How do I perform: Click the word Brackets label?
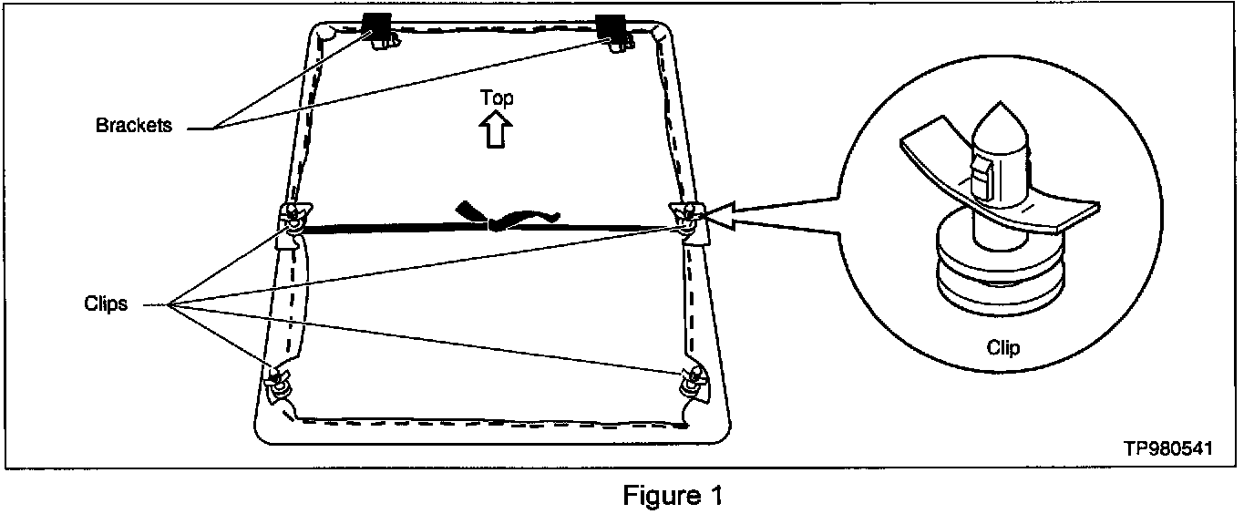coord(133,127)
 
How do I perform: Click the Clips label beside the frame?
coord(107,304)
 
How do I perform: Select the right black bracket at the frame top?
coord(610,27)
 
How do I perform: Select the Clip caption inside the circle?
coord(1002,347)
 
